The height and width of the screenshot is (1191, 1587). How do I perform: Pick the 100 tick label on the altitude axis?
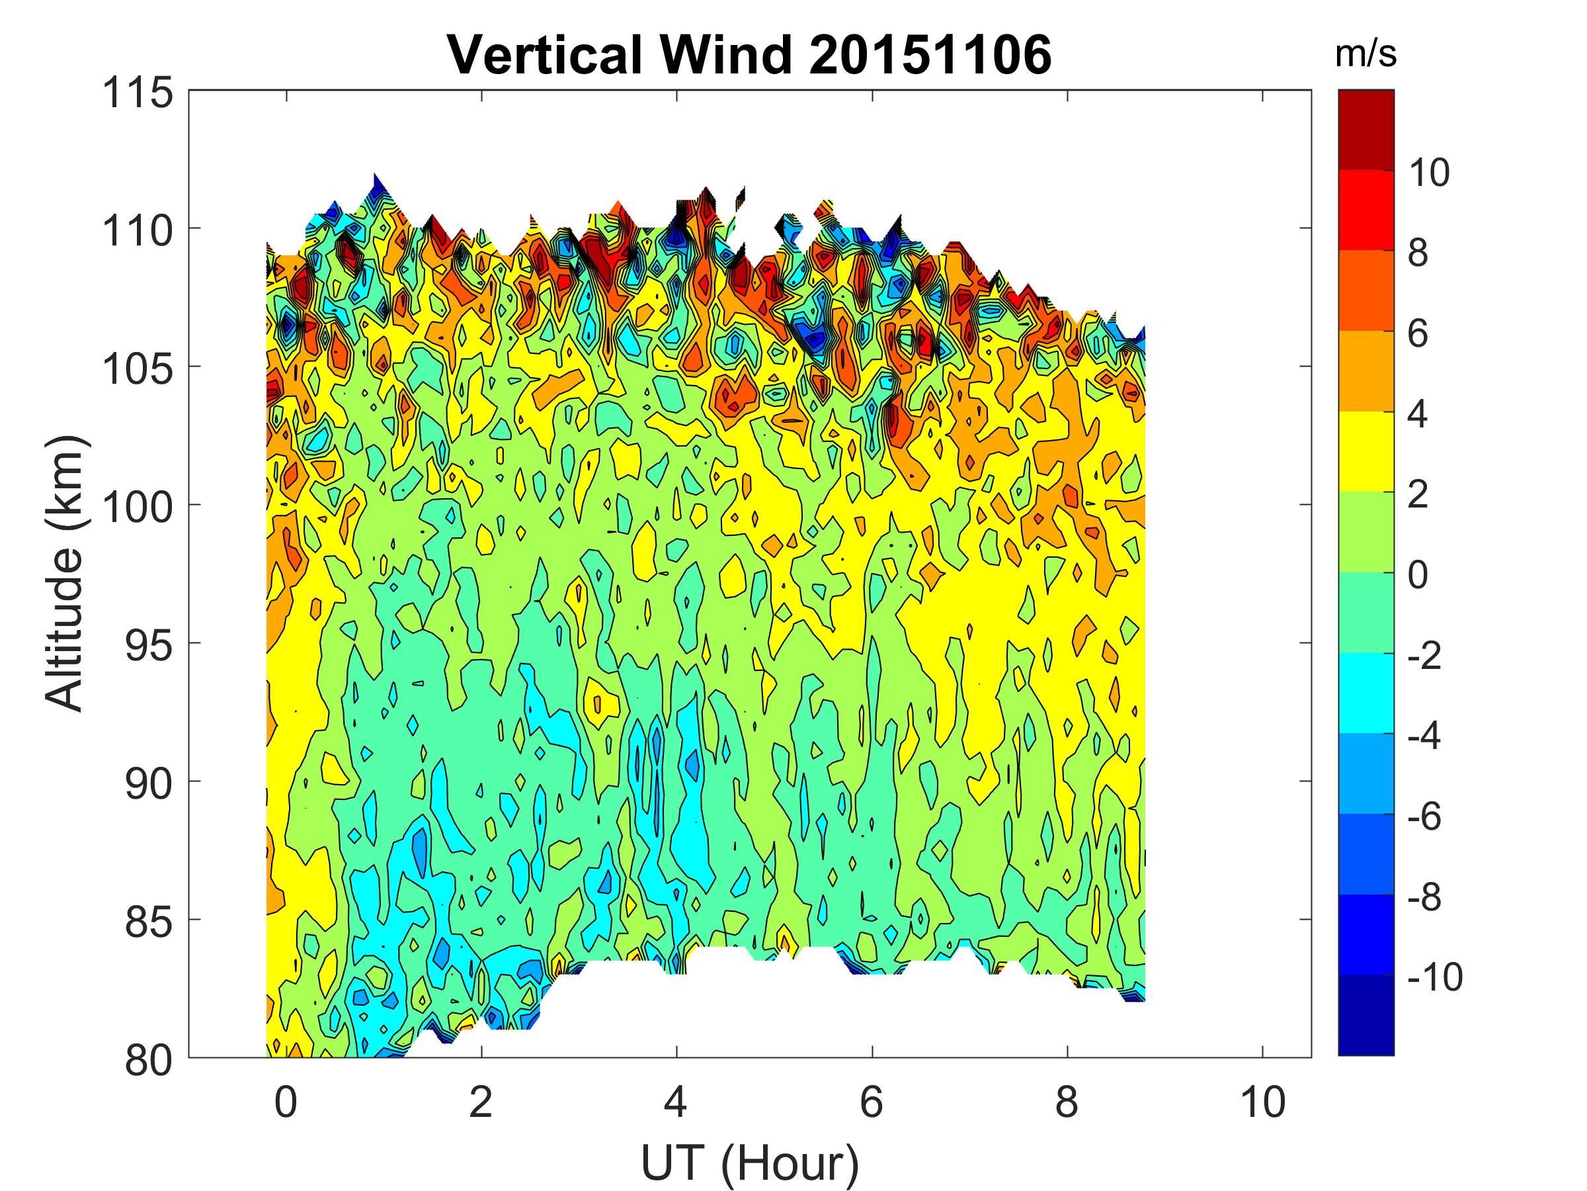pos(138,507)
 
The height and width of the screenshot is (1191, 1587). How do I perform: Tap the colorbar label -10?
pos(1434,977)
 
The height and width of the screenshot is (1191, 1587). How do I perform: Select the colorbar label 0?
pos(1418,575)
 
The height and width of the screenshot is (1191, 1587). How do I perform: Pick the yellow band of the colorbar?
pos(1365,451)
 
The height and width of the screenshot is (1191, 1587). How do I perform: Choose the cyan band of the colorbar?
pos(1365,693)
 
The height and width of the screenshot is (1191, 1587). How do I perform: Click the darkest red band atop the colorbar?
pos(1365,129)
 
